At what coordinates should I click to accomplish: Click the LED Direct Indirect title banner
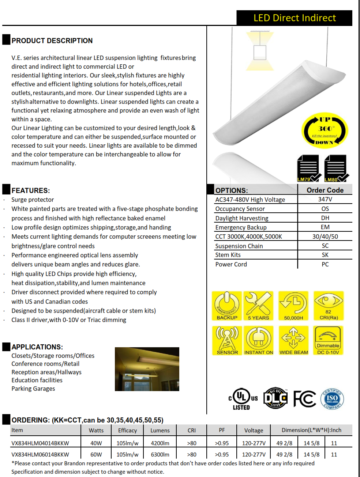[294, 18]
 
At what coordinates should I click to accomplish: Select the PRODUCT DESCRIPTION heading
[52, 41]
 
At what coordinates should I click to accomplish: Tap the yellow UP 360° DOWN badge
[325, 130]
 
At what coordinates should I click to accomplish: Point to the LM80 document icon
[335, 169]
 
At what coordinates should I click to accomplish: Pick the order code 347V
[325, 199]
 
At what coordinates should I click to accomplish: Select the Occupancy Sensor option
[240, 209]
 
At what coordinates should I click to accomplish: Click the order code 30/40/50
[325, 236]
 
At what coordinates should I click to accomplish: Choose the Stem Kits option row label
[228, 255]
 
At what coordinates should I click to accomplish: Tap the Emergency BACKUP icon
[227, 306]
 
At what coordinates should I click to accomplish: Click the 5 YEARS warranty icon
[258, 306]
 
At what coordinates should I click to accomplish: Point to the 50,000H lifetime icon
[293, 306]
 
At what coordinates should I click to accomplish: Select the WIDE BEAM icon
[293, 340]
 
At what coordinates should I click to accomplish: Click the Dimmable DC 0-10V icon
[328, 340]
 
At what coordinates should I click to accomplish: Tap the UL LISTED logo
[242, 399]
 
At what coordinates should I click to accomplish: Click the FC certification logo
[305, 398]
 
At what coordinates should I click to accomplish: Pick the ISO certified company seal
[332, 399]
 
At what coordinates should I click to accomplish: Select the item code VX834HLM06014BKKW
[40, 455]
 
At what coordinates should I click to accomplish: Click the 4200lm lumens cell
[160, 443]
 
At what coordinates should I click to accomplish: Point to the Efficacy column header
[127, 431]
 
